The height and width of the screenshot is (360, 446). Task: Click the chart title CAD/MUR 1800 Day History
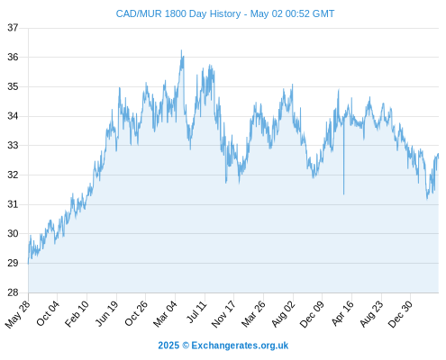[x=178, y=13]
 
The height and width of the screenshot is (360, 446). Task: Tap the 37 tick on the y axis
[x=13, y=28]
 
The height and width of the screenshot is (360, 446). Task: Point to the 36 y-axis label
[x=13, y=57]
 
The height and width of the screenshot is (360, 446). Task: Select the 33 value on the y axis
[x=13, y=146]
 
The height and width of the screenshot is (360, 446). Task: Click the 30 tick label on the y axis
[x=13, y=233]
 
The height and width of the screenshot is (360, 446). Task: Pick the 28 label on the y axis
[x=13, y=292]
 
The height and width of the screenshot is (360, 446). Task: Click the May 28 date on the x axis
[x=18, y=314]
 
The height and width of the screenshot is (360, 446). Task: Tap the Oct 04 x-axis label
[x=48, y=313]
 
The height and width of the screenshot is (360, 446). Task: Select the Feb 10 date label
[x=77, y=313]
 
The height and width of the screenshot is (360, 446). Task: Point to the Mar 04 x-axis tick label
[x=166, y=313]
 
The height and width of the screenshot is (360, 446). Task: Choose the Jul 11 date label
[x=197, y=311]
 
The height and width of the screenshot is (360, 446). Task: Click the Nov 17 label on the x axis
[x=223, y=314]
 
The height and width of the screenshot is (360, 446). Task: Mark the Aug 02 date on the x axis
[x=284, y=314]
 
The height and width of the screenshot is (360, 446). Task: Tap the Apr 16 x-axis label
[x=343, y=313]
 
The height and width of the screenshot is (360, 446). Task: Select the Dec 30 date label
[x=400, y=314]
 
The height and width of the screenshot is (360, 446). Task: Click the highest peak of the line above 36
[x=181, y=50]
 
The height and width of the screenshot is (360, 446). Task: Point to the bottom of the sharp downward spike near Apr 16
[x=343, y=194]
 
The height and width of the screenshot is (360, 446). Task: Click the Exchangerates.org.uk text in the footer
[x=240, y=346]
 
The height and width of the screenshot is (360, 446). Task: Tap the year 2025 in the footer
[x=168, y=346]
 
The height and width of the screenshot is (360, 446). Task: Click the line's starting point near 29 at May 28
[x=28, y=264]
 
